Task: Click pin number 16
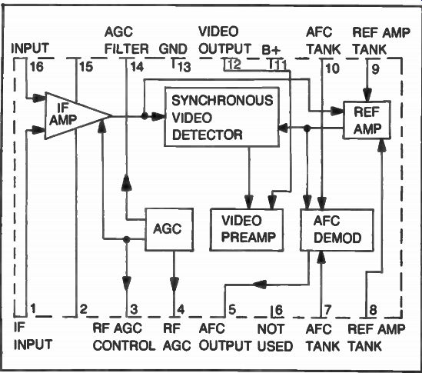tap(37, 66)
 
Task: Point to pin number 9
tap(375, 69)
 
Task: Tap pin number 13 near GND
tap(184, 67)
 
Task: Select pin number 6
tap(279, 310)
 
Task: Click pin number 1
tap(33, 308)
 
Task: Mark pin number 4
tap(181, 310)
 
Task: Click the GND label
tap(173, 49)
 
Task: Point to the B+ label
tap(271, 50)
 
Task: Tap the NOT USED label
tap(274, 338)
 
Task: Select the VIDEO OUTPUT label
tap(225, 40)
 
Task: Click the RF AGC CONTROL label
tap(124, 337)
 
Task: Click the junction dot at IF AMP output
tap(145, 116)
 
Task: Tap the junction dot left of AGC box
tap(127, 239)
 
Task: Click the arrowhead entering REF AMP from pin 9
tap(367, 95)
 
